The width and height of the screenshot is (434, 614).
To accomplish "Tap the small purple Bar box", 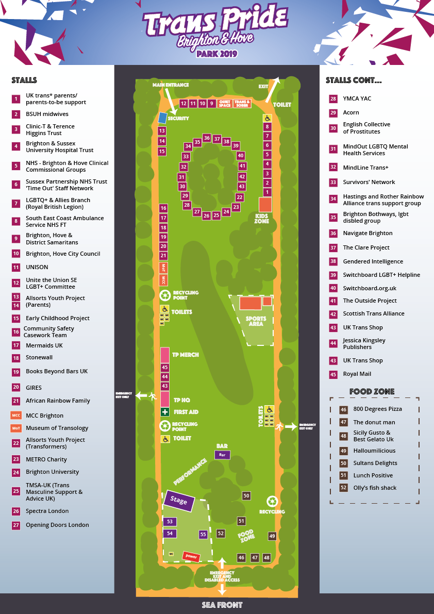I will (x=222, y=455).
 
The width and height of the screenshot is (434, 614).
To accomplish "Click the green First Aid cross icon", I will (x=164, y=412).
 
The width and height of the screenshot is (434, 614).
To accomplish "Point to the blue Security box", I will (x=162, y=118).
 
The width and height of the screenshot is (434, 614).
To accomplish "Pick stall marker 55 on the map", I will (x=203, y=535).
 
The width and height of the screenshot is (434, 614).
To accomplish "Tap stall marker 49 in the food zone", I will (x=272, y=536).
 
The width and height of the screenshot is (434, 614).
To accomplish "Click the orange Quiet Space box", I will (x=225, y=104).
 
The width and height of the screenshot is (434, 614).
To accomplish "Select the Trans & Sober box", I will (x=242, y=104).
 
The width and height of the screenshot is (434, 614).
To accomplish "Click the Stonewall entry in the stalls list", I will (x=39, y=357).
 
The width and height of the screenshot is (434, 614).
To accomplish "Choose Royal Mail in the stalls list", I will (x=357, y=374).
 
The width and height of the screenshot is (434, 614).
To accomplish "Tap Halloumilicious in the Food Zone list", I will (x=374, y=451).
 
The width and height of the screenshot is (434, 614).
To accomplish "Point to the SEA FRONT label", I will (x=222, y=605).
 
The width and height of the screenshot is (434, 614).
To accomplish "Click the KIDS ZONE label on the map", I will (x=262, y=218).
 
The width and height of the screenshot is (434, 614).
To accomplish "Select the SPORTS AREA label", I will (x=256, y=321).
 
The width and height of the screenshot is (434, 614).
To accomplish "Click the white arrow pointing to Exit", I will (x=273, y=90).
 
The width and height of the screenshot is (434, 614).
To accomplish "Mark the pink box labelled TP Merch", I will (x=165, y=355).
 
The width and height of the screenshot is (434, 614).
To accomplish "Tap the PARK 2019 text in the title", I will (x=216, y=53).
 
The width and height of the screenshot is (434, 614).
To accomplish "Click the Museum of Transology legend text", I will (x=57, y=428).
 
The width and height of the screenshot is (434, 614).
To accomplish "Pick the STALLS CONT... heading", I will (x=354, y=80).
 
